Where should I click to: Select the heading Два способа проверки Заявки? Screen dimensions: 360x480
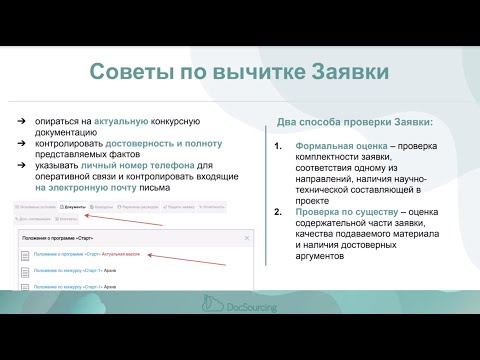pos(353,123)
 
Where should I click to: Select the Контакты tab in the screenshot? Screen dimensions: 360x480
pos(220,207)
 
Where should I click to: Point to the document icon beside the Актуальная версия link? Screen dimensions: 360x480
pos(22,255)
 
